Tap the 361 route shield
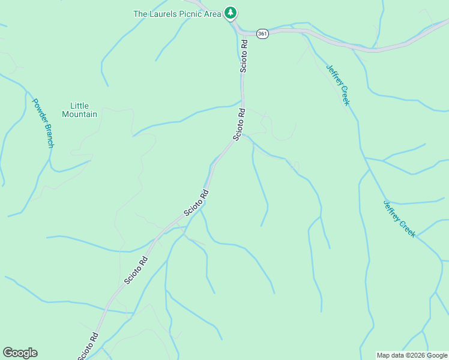point(262,34)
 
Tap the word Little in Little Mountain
point(79,106)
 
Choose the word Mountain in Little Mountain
point(79,114)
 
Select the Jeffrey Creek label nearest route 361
point(337,85)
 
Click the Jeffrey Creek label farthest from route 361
point(399,218)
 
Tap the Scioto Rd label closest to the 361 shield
point(244,56)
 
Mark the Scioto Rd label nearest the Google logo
point(88,346)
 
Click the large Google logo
point(20,353)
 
